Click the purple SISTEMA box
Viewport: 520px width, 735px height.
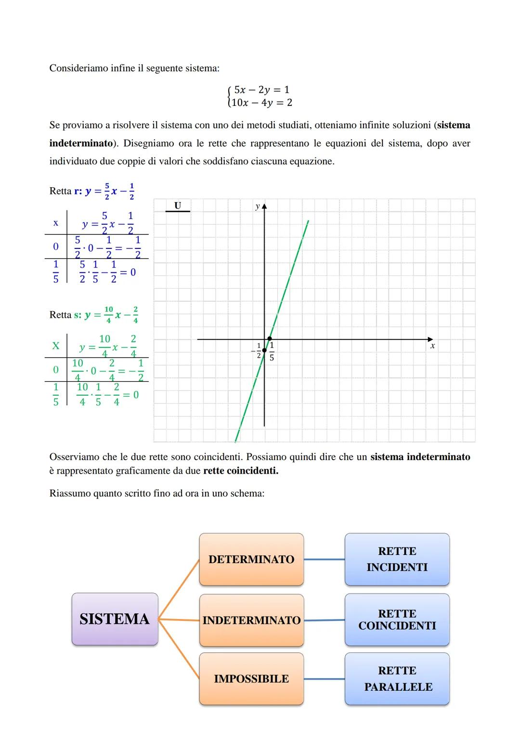coord(115,619)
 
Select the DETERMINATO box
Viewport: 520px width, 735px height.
coord(251,559)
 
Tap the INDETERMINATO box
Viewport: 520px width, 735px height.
coord(251,620)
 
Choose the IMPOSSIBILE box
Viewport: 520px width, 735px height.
coord(251,679)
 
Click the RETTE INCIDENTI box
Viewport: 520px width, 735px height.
coord(397,559)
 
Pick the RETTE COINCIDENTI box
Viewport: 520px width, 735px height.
coord(397,620)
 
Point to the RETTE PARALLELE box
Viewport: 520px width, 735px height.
coord(397,679)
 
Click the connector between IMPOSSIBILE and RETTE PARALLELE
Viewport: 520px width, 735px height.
coord(324,679)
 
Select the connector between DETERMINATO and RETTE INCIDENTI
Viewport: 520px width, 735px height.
coord(324,559)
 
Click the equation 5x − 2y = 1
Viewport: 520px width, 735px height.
coord(261,90)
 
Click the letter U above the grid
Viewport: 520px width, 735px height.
coord(178,206)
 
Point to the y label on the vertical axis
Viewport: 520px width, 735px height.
coord(257,206)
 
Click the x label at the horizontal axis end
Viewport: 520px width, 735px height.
coord(432,346)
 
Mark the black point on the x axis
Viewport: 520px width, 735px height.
coord(270,339)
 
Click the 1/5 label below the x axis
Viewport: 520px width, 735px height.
coord(272,352)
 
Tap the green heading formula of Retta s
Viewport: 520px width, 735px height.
coord(111,315)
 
